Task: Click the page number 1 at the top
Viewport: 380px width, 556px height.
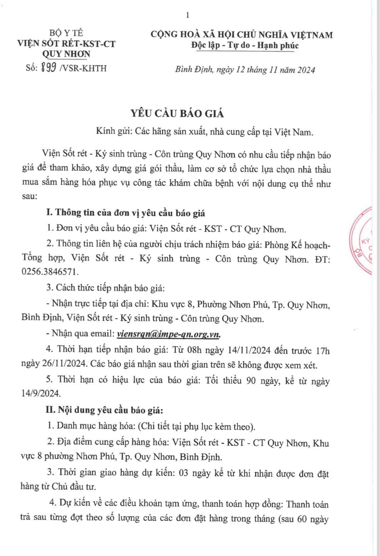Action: tap(188, 15)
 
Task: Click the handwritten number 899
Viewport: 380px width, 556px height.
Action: tap(48, 68)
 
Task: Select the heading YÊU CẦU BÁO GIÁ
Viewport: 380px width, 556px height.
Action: tap(177, 114)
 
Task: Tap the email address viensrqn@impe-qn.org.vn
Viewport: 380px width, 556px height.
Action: tap(169, 333)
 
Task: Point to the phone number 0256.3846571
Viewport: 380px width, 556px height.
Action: tap(50, 272)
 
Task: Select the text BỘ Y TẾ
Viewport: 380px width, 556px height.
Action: tap(66, 33)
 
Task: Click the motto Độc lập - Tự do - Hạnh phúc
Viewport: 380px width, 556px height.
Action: tap(245, 45)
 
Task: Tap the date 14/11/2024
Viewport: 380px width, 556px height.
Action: tap(249, 350)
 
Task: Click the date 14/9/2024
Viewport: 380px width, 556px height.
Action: tap(41, 393)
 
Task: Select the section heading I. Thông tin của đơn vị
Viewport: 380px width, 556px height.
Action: tap(125, 213)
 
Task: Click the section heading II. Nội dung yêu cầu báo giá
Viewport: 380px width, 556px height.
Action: tap(104, 410)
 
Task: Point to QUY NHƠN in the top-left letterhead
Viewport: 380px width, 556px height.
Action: tap(66, 54)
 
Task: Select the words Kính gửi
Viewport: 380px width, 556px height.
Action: tap(114, 131)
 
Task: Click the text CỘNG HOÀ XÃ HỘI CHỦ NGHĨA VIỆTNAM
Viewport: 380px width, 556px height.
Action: tap(242, 34)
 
